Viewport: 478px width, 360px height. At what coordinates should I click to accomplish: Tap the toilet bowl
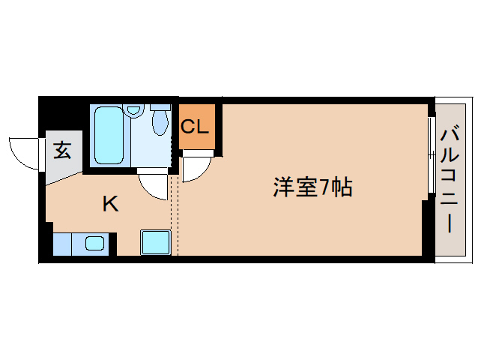point(160,123)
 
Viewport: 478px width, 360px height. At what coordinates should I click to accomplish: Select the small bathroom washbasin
point(133,110)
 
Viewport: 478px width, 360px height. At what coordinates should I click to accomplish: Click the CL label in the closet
point(197,125)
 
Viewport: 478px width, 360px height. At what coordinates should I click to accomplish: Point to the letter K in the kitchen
point(110,203)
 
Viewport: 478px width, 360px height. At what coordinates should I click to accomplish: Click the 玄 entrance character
point(63,151)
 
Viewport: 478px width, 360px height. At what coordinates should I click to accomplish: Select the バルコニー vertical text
point(451,180)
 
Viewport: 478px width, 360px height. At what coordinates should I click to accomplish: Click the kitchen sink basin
point(94,243)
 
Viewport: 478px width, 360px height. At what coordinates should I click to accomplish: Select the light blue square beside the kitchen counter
point(156,242)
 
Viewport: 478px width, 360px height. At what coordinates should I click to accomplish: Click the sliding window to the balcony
point(431,154)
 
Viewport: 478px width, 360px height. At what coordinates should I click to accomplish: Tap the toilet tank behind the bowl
point(160,107)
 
